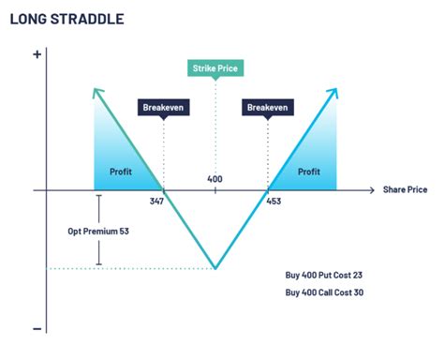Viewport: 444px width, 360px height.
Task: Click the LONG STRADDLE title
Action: tap(67, 19)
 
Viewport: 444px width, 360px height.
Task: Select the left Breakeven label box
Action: tap(164, 108)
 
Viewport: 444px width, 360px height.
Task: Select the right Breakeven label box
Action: tap(268, 108)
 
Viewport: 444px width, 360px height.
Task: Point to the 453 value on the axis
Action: tap(274, 202)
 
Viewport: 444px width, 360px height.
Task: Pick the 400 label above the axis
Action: tap(215, 178)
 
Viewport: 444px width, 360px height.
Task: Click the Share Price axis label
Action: tap(405, 189)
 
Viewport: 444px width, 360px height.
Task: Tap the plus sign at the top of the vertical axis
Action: tap(37, 54)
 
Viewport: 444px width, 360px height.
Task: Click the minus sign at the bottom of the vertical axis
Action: tap(37, 328)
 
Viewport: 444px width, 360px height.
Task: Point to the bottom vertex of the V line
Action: tap(215, 268)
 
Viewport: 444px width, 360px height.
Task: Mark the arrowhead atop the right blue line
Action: tap(334, 90)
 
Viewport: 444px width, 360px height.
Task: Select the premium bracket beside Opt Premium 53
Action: tap(98, 231)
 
